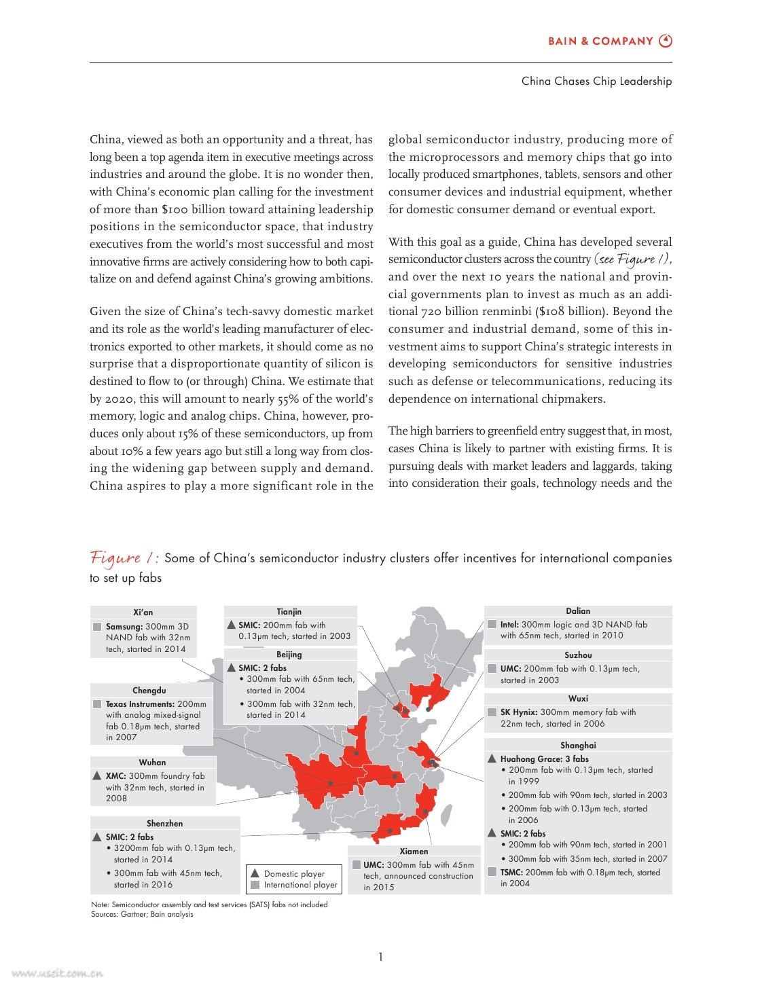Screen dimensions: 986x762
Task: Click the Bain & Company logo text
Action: tap(600, 41)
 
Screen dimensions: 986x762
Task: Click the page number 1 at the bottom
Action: tap(380, 957)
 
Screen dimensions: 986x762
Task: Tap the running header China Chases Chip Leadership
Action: tap(596, 81)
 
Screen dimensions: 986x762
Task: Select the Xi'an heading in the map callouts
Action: tap(143, 612)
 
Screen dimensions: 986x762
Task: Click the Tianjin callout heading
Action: tap(289, 611)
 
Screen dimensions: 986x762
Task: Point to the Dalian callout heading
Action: tap(578, 610)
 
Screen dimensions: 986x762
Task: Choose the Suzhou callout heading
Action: tap(578, 655)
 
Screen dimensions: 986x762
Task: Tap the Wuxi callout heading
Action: tap(578, 698)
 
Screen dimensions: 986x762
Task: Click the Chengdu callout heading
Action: tap(149, 690)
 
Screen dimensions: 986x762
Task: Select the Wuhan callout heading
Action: tap(152, 762)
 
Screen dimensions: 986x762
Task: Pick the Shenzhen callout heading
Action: tap(164, 823)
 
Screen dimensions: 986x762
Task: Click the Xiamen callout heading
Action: tap(414, 851)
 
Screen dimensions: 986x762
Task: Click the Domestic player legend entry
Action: tap(294, 873)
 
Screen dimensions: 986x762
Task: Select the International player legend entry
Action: tap(300, 885)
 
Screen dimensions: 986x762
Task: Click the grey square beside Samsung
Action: tap(97, 626)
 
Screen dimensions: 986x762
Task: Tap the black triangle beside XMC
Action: tap(97, 775)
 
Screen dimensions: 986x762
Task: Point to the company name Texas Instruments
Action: tap(140, 704)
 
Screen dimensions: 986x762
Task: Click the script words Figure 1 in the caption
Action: tap(124, 558)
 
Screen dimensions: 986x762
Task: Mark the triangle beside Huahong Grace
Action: tap(492, 759)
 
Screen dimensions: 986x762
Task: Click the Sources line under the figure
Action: tap(142, 914)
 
